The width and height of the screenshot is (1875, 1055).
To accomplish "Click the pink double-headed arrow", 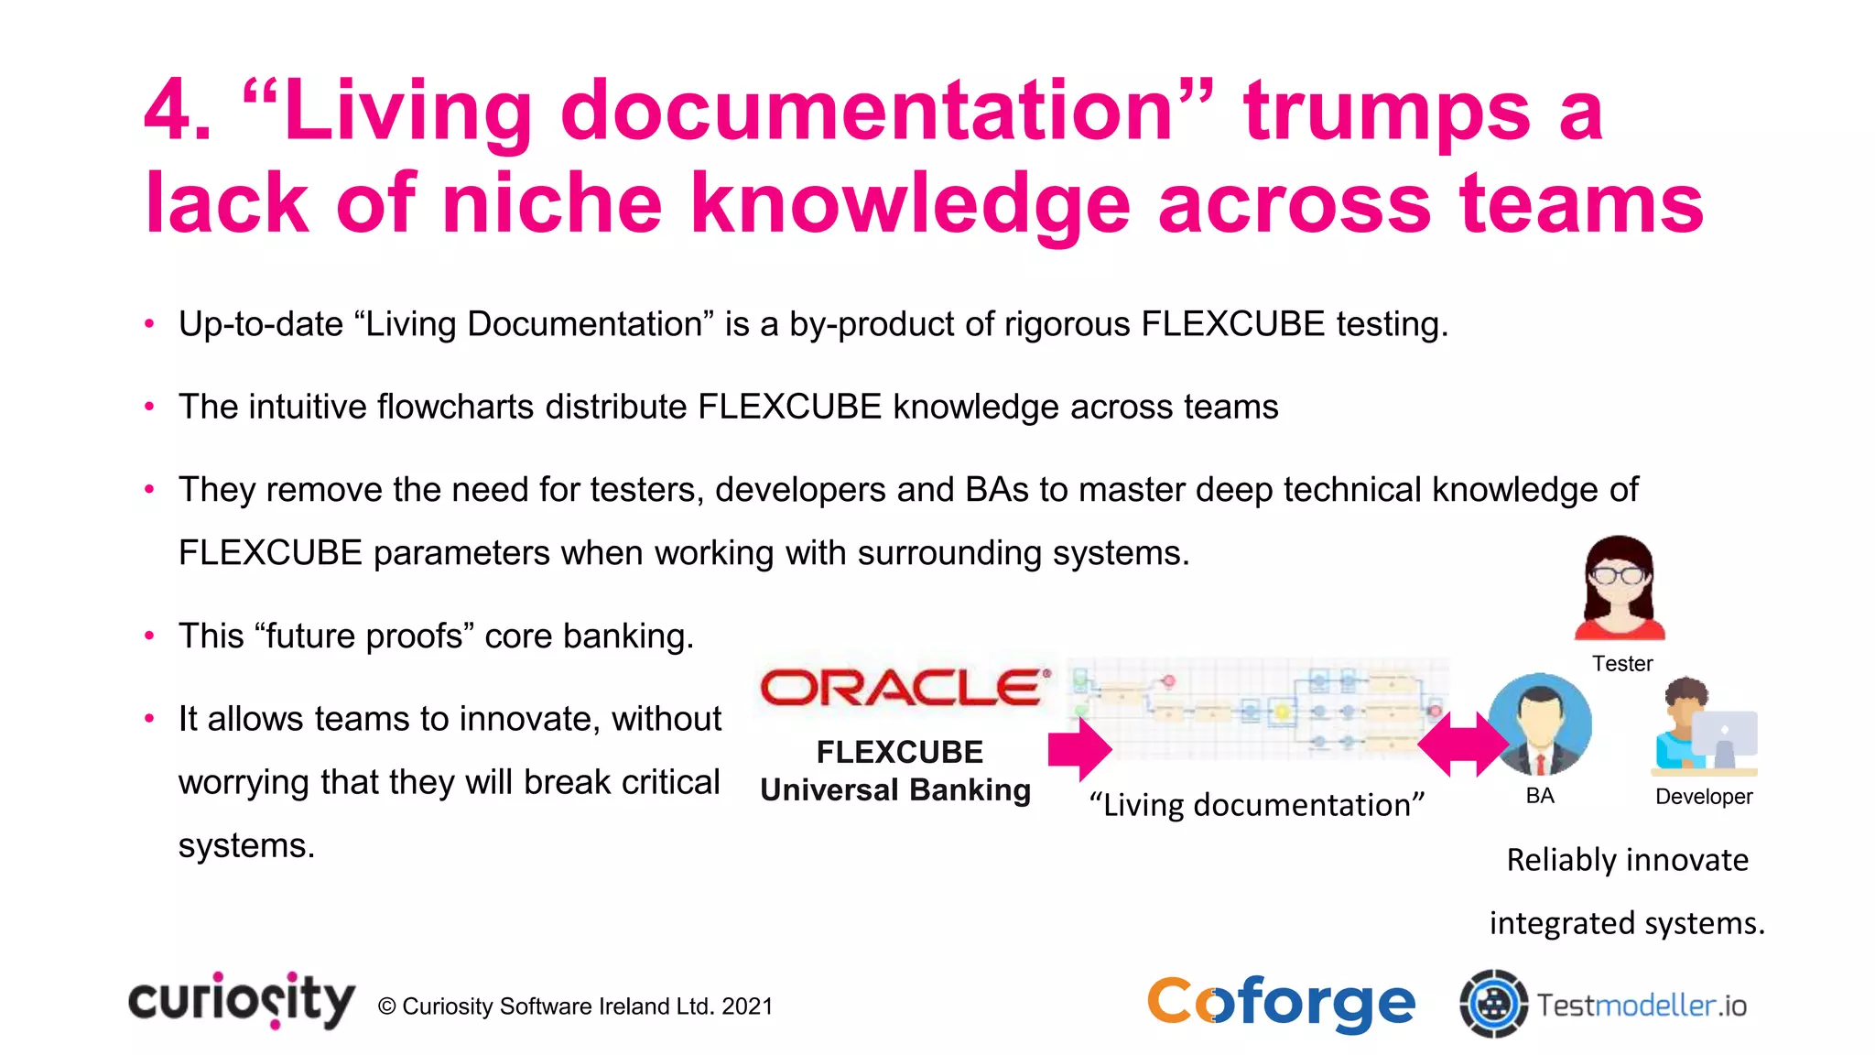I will point(1462,745).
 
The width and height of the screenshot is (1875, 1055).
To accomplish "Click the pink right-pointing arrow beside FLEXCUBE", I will point(1079,749).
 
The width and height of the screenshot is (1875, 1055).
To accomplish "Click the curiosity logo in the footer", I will point(242,1000).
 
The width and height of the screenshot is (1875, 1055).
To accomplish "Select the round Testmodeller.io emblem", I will point(1493,1005).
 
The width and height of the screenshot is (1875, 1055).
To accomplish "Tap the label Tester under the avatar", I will point(1622,664).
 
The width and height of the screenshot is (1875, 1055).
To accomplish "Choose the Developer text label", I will point(1704,797).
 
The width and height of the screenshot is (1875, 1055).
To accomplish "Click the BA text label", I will point(1540,796).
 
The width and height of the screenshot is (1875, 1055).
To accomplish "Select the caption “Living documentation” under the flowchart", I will point(1257,805).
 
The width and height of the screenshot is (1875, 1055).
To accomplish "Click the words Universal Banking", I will point(895,790).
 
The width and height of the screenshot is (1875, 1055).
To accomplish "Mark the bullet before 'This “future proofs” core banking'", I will point(149,636).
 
